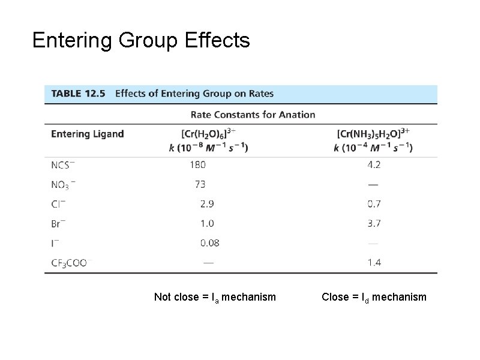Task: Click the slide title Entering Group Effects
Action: tap(141, 41)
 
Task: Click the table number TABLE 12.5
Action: tap(78, 94)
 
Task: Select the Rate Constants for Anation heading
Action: tap(253, 115)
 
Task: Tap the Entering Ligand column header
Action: tap(88, 134)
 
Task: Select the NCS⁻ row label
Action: tap(62, 164)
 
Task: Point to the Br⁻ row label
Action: tap(59, 224)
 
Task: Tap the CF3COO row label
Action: tap(69, 263)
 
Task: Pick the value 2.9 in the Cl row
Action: tap(206, 204)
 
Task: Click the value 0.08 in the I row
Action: tap(209, 243)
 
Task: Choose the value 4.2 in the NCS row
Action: tap(374, 164)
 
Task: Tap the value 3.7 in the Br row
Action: tap(374, 224)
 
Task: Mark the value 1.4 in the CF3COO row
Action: tap(374, 262)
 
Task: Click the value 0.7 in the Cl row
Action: tap(374, 204)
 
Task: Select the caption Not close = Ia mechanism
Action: tap(215, 297)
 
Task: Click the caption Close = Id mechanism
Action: tap(374, 297)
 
